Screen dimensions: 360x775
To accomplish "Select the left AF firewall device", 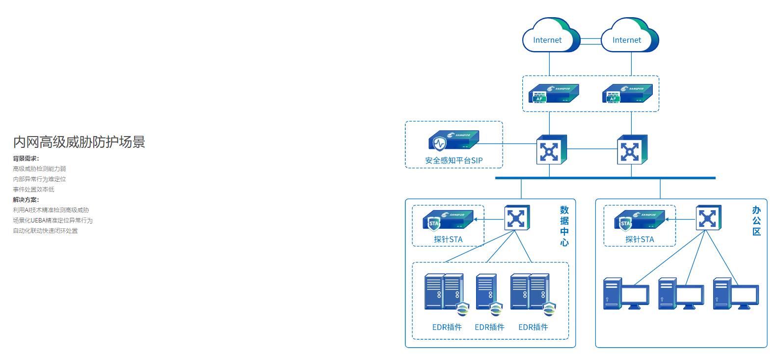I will [x=554, y=93].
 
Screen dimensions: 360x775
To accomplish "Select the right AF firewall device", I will [x=627, y=93].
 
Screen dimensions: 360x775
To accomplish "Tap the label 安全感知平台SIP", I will [x=454, y=161].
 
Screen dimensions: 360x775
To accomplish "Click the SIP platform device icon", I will [x=453, y=140].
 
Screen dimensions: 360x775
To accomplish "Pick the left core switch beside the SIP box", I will [x=551, y=149].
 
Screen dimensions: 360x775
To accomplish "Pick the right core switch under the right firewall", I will [x=632, y=149].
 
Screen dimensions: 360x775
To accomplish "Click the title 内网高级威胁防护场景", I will [x=79, y=142].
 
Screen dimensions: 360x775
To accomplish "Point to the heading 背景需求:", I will [x=26, y=159].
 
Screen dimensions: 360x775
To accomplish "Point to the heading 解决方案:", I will [x=26, y=200].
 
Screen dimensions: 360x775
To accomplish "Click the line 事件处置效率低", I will [x=33, y=190].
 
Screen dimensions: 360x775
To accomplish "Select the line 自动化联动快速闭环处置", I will [x=45, y=231].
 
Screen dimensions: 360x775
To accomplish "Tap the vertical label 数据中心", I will [x=564, y=226].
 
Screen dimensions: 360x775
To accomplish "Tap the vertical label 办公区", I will [x=756, y=221].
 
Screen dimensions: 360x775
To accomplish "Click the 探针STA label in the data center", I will [x=448, y=239].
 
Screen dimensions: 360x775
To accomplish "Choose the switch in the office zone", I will [x=708, y=218].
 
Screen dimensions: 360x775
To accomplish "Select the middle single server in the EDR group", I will [x=487, y=293].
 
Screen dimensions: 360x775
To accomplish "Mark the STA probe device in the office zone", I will [x=639, y=221].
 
